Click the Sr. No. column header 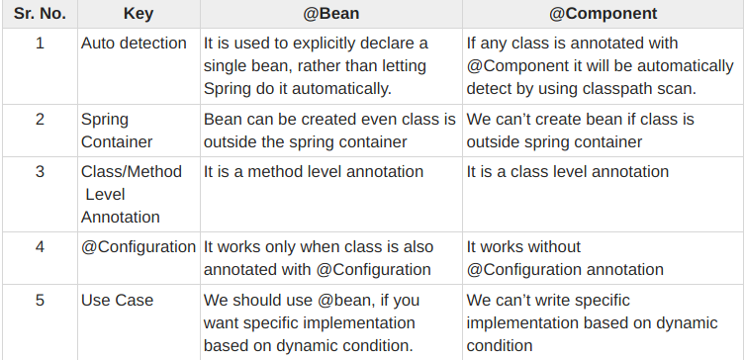[40, 15]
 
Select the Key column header [138, 15]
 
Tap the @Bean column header [330, 15]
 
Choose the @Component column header [603, 15]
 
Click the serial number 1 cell [40, 44]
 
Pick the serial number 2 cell [40, 119]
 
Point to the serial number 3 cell [40, 172]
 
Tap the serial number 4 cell [40, 247]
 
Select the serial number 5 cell [40, 301]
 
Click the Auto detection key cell [134, 44]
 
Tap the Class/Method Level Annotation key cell [132, 194]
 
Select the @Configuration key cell [139, 247]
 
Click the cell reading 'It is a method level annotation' [314, 172]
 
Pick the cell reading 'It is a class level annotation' [567, 172]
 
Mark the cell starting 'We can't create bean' [580, 130]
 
